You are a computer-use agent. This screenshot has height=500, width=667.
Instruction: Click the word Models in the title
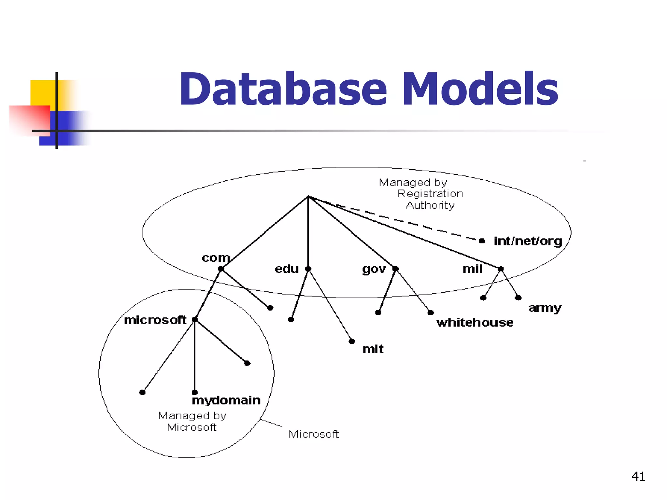[x=480, y=89]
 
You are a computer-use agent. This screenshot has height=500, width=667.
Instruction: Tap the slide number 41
[x=638, y=477]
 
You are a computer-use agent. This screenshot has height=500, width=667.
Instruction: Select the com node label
[x=216, y=258]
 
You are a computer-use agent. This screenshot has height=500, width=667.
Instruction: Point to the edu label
[x=287, y=269]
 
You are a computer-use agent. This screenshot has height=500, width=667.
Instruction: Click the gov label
[x=374, y=269]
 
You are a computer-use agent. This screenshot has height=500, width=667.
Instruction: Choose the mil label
[x=472, y=269]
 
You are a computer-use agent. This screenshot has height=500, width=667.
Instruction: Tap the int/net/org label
[x=528, y=241]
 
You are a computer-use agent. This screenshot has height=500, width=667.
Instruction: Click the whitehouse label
[x=475, y=322]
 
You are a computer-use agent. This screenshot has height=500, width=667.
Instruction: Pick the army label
[x=545, y=308]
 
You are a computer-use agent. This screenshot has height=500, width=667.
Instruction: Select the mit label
[x=373, y=349]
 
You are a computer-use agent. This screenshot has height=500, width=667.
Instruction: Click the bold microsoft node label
[x=155, y=320]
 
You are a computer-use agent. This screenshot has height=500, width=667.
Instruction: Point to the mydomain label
[x=226, y=400]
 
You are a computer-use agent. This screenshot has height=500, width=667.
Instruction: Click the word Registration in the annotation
[x=430, y=194]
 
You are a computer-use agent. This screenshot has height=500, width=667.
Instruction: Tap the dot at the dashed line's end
[x=482, y=241]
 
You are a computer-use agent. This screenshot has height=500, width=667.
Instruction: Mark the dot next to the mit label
[x=352, y=341]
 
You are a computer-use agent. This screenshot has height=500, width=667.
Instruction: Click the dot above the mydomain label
[x=194, y=393]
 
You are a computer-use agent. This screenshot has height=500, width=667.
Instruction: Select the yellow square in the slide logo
[x=42, y=93]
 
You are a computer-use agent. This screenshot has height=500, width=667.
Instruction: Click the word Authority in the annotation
[x=430, y=205]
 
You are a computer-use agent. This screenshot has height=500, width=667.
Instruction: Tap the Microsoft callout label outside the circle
[x=314, y=434]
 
